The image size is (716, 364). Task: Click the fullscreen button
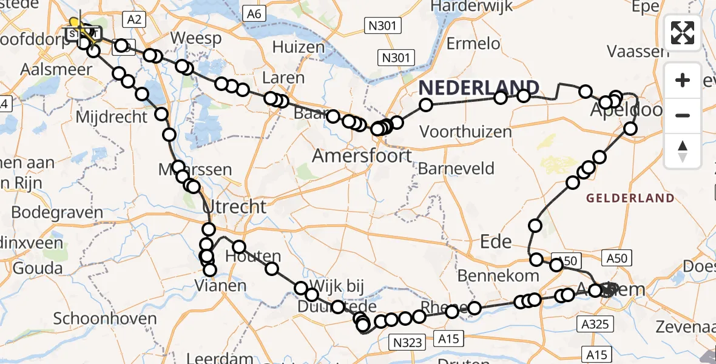tap(683, 33)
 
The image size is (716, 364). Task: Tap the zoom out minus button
tap(683, 115)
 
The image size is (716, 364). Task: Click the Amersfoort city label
tap(362, 156)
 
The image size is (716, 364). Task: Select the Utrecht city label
tap(235, 207)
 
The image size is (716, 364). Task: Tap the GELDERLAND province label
tap(630, 198)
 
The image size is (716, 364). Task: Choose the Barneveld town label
tap(456, 169)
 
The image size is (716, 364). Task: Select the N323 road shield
tap(407, 343)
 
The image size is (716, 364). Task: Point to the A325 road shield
tap(593, 324)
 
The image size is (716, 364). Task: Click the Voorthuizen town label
tap(465, 131)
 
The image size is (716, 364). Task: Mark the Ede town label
tap(496, 241)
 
